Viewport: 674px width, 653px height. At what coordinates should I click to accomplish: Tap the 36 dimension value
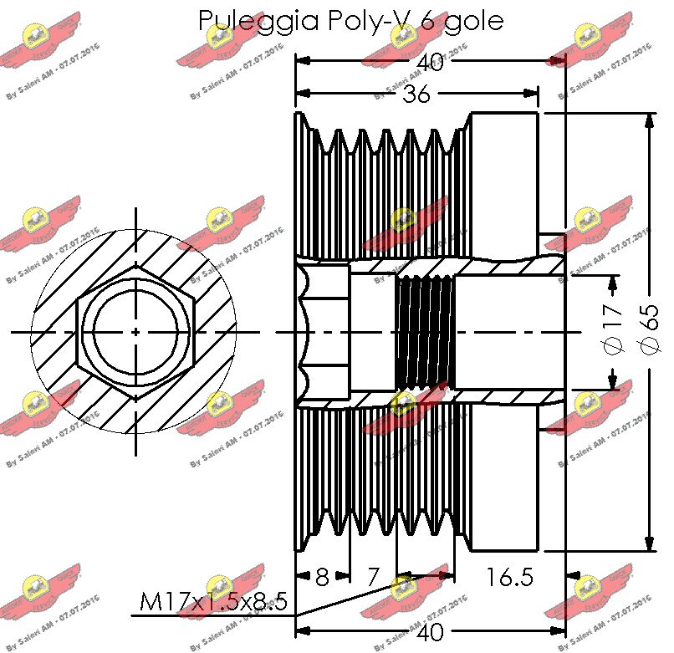[416, 94]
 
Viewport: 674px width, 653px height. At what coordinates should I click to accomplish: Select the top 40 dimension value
[430, 64]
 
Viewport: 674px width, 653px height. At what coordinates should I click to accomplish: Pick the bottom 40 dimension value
[430, 633]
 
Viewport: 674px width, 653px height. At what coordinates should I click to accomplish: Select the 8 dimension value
[322, 576]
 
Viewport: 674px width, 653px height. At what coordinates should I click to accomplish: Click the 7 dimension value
[374, 576]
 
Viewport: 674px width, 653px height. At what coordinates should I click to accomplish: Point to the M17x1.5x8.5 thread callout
[214, 601]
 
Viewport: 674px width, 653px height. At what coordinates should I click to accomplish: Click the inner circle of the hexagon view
[135, 331]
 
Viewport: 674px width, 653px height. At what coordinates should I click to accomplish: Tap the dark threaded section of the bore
[424, 332]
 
